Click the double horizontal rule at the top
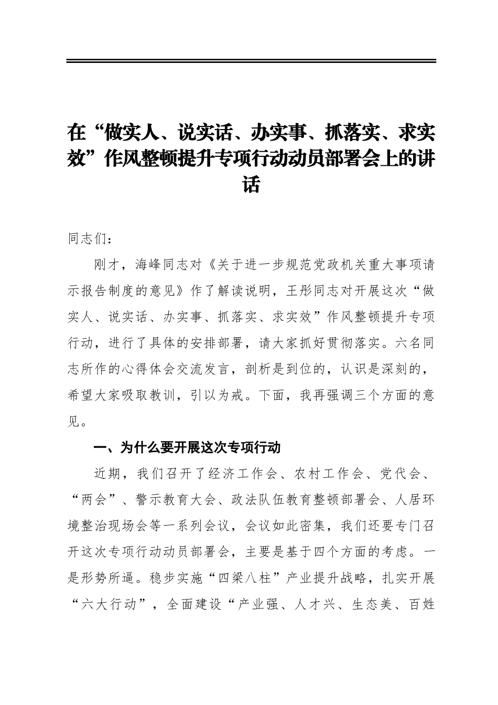(x=251, y=61)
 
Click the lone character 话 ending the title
(x=251, y=185)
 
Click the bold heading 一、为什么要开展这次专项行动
(x=187, y=447)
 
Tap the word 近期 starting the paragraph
(x=107, y=474)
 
